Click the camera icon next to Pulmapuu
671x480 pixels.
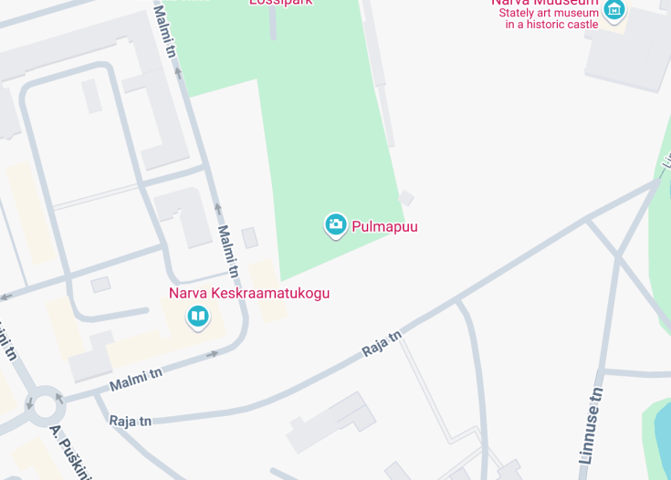pos(336,224)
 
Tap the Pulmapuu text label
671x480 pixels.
pos(384,225)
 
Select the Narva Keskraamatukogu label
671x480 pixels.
pos(248,293)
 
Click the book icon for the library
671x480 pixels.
pos(198,317)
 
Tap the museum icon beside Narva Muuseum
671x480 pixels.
pos(614,10)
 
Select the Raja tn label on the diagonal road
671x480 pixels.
pos(382,344)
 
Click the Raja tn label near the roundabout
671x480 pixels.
pos(130,421)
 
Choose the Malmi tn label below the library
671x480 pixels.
pos(136,379)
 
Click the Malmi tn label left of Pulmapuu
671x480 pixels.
pos(228,252)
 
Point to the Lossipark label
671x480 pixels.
pos(281,3)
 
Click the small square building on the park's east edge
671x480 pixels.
pos(406,198)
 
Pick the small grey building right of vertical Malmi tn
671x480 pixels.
pos(249,238)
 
